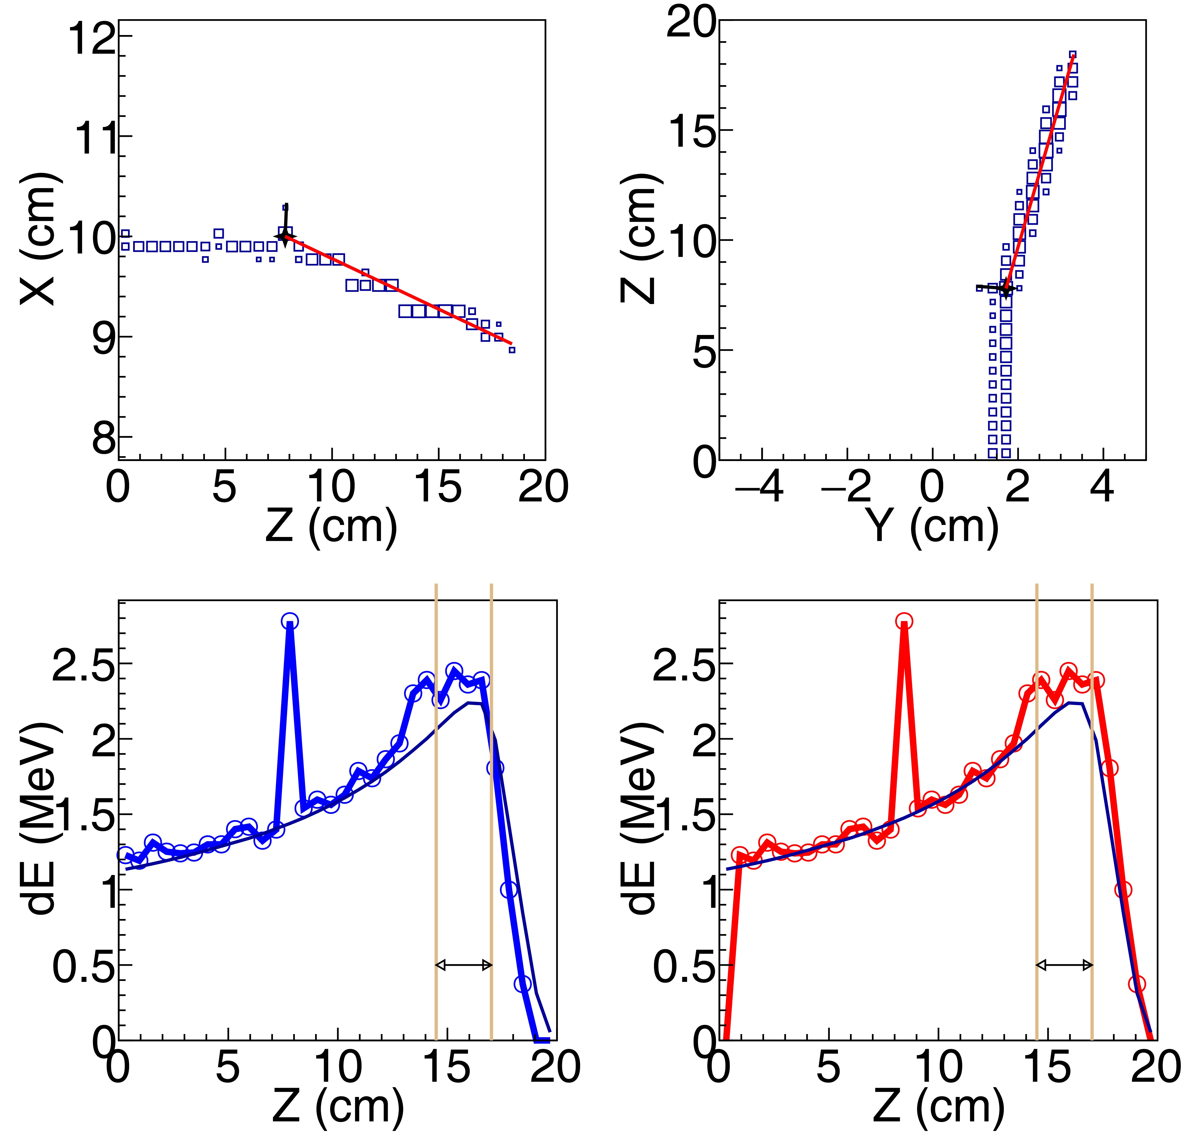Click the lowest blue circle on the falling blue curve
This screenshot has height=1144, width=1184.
(523, 984)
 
